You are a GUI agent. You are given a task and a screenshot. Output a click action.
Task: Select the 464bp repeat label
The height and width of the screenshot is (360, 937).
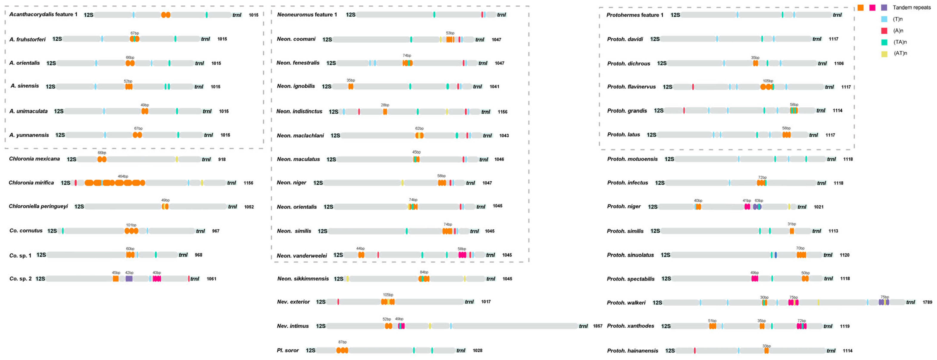tap(123, 176)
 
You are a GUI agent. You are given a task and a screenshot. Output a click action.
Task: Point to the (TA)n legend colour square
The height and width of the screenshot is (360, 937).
tap(884, 42)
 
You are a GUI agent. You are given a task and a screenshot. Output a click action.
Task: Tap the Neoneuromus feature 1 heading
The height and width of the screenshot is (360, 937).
tap(307, 15)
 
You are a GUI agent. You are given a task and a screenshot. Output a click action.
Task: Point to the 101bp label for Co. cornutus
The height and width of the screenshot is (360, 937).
tap(131, 225)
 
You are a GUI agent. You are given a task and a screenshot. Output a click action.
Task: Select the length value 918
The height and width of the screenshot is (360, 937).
tap(222, 160)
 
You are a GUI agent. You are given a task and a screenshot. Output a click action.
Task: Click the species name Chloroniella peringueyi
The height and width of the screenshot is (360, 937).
tap(38, 206)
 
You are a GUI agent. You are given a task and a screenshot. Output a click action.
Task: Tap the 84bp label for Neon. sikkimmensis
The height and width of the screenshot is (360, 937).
tap(424, 272)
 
